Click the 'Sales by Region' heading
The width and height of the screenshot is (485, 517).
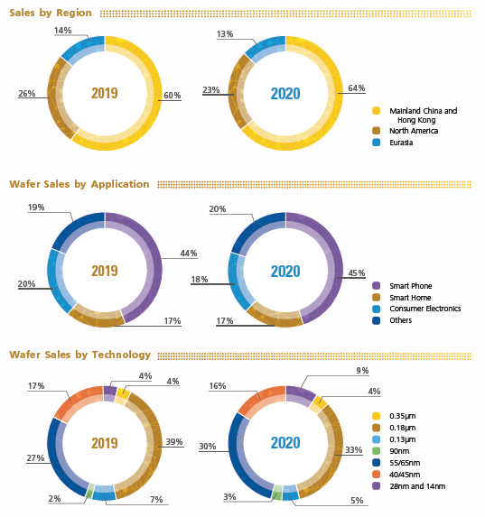(51, 14)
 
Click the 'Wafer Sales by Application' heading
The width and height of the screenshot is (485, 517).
(79, 184)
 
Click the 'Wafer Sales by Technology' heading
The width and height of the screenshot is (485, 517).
(79, 355)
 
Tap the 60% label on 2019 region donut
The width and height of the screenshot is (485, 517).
(173, 95)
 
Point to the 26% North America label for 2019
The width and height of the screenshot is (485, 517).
(26, 93)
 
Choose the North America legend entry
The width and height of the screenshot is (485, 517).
(413, 131)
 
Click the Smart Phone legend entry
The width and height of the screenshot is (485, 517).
(411, 286)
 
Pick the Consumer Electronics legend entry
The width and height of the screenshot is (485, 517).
(424, 309)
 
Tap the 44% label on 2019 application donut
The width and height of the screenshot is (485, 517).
(188, 254)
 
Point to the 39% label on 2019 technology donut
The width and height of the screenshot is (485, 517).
(174, 441)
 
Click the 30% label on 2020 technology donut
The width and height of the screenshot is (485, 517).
(207, 446)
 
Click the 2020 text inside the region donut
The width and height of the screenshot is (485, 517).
(285, 93)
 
